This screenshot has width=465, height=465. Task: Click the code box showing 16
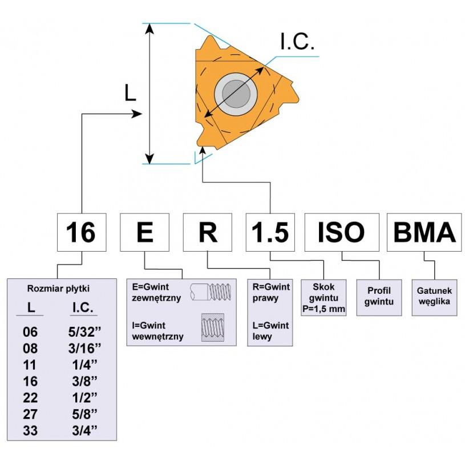(82, 232)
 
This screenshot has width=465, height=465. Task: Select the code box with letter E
(144, 232)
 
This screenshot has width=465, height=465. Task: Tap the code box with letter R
(207, 232)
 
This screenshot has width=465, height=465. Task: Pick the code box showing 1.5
(270, 232)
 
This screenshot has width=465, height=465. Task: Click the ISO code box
(342, 232)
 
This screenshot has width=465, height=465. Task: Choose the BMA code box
(424, 232)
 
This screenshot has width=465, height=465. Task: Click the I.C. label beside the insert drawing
(297, 42)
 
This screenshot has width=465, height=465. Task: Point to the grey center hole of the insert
(236, 94)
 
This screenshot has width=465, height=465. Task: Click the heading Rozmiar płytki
(58, 289)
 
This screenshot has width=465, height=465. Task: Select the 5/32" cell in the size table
(84, 332)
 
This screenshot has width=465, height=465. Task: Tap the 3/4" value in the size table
(84, 431)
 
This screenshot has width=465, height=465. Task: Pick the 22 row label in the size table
(30, 398)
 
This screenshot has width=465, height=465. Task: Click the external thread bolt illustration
(211, 292)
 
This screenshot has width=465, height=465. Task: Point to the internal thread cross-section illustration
(213, 327)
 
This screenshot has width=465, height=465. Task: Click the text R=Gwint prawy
(271, 292)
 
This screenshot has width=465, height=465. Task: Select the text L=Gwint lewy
(270, 331)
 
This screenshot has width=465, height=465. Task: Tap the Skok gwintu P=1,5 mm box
(324, 297)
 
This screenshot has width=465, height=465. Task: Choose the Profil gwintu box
(379, 297)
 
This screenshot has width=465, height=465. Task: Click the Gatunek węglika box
(434, 297)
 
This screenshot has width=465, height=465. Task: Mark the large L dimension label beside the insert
(130, 92)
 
